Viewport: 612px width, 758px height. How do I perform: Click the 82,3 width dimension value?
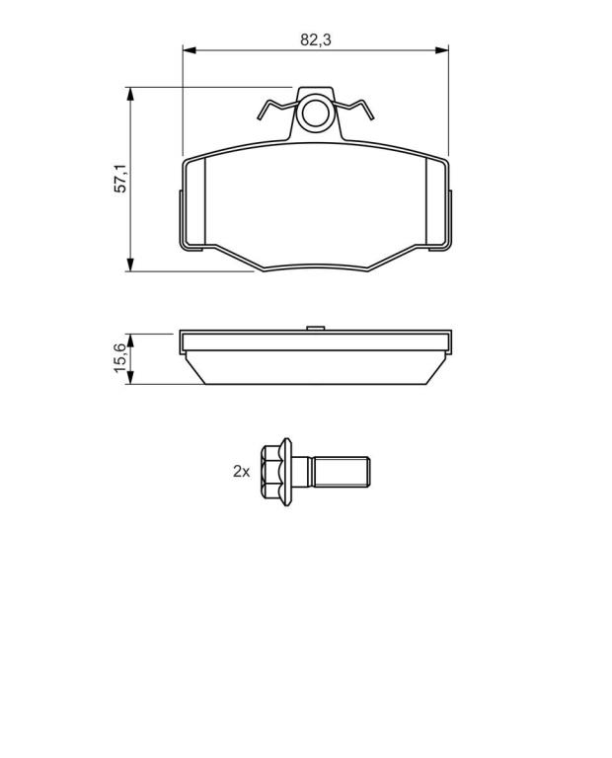(x=316, y=39)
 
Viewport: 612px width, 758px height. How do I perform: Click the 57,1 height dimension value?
(x=119, y=179)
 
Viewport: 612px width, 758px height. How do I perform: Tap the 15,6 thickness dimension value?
(x=119, y=357)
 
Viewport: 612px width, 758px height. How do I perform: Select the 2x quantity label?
(x=241, y=472)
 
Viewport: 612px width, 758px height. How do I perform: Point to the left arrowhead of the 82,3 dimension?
(x=189, y=49)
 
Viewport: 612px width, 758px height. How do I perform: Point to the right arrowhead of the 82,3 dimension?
(x=442, y=49)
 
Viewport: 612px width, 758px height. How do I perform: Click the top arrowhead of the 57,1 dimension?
(x=129, y=95)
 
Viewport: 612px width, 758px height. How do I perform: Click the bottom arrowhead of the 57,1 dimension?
(x=129, y=265)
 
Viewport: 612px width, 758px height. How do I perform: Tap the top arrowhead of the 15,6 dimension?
(x=129, y=341)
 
